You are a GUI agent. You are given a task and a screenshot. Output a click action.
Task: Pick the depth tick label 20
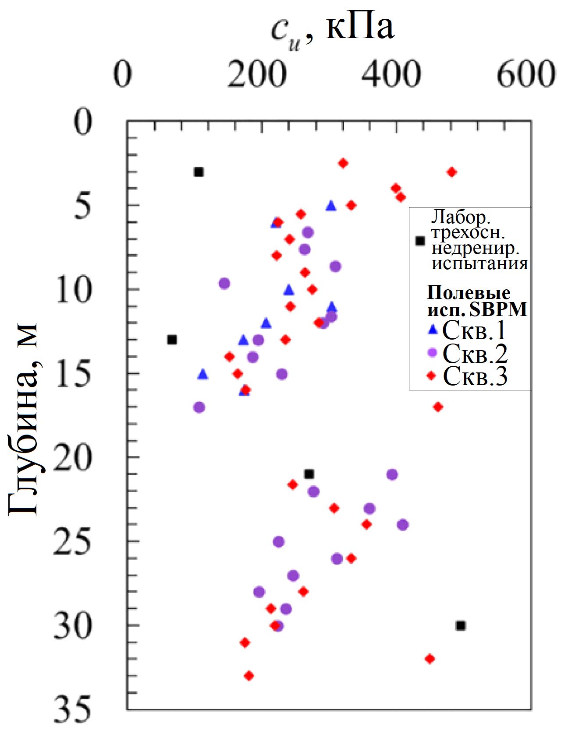tap(73, 457)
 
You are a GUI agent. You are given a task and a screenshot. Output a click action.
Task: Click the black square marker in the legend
tap(420, 241)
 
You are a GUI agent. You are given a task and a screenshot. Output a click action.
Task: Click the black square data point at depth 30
tap(461, 626)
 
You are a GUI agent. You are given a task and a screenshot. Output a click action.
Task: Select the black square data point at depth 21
tap(309, 474)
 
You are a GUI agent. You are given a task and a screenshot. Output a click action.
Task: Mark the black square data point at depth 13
tap(172, 340)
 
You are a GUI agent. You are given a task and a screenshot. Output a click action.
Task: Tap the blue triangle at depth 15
tap(202, 374)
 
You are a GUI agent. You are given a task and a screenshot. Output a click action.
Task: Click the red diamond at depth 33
tap(249, 676)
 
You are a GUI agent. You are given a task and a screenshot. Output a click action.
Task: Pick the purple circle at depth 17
tap(199, 407)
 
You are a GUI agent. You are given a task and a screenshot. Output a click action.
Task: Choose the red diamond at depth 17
tap(438, 407)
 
